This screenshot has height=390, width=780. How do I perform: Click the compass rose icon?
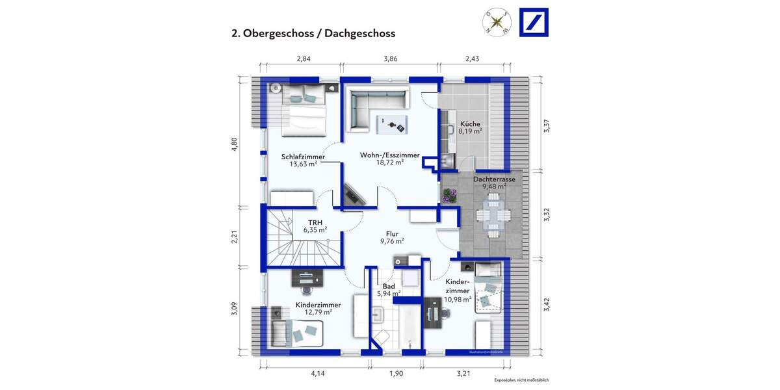497,23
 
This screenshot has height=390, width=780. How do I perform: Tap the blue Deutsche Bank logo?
533,23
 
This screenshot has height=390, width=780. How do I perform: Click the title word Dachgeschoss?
359,34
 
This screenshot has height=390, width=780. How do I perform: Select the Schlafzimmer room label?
303,157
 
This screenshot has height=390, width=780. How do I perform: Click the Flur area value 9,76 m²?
392,241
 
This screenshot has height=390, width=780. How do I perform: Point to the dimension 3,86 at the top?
391,58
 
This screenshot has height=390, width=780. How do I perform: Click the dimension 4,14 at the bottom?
317,374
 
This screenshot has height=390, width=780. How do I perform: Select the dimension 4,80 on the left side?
235,144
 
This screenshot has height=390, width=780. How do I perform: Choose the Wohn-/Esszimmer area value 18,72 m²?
391,163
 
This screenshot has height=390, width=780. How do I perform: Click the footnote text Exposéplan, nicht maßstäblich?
521,380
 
